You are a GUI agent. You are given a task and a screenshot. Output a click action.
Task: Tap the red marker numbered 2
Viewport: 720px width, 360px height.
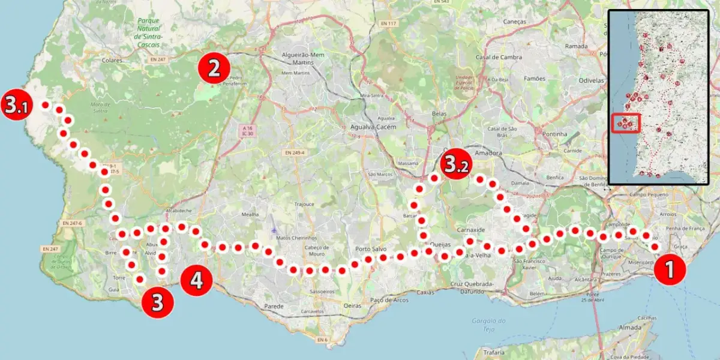pyautogui.click(x=214, y=68)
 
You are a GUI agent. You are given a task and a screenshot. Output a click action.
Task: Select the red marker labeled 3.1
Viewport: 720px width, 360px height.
pyautogui.click(x=16, y=105)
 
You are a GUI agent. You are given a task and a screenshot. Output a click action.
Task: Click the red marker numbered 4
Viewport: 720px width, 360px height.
pyautogui.click(x=196, y=280)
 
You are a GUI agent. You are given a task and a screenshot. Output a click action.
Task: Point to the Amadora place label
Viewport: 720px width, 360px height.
pyautogui.click(x=487, y=154)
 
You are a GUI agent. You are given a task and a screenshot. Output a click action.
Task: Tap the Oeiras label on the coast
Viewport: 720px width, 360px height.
pyautogui.click(x=353, y=305)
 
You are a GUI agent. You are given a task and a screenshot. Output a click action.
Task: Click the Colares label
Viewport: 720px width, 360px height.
pyautogui.click(x=112, y=60)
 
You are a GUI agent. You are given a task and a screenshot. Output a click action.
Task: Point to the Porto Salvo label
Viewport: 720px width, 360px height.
pyautogui.click(x=370, y=249)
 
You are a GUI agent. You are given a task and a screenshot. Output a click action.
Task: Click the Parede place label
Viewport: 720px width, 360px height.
pyautogui.click(x=273, y=306)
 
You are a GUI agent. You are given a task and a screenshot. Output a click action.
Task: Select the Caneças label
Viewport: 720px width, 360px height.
pyautogui.click(x=515, y=22)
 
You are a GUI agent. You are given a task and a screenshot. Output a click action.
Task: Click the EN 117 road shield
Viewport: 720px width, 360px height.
pyautogui.click(x=389, y=23)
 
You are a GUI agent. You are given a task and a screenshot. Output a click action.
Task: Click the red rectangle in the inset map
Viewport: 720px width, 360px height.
pyautogui.click(x=626, y=122)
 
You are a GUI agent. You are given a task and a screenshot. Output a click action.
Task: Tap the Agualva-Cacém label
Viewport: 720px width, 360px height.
pyautogui.click(x=366, y=128)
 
